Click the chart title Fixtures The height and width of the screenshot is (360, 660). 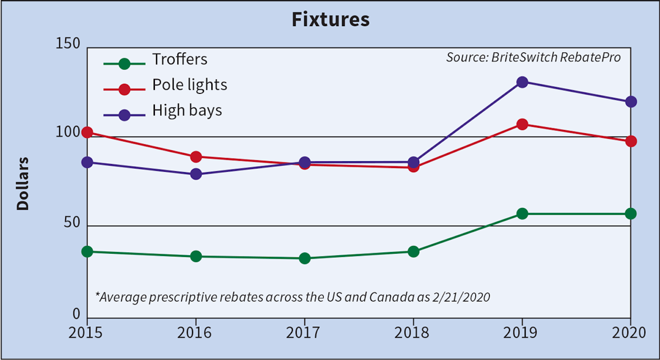click(x=330, y=20)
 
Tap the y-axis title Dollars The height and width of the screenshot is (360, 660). click(x=23, y=184)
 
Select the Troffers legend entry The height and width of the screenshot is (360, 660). click(x=180, y=60)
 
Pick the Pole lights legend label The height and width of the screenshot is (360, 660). click(x=190, y=85)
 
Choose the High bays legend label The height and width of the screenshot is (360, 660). click(x=187, y=110)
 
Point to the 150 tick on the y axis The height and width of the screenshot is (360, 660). click(x=68, y=44)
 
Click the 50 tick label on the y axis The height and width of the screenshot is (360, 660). click(x=72, y=224)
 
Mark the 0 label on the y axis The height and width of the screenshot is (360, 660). click(x=76, y=314)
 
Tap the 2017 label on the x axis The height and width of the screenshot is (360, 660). click(x=304, y=333)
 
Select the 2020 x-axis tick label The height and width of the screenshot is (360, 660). click(x=630, y=333)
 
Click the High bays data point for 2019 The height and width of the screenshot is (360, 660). click(x=522, y=82)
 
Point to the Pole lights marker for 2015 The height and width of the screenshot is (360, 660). click(x=87, y=132)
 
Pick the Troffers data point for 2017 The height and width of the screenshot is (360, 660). click(x=304, y=258)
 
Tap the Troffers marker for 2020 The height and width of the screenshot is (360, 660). click(x=631, y=213)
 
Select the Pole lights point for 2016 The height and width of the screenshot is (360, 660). click(x=196, y=157)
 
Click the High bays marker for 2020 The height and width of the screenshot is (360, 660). click(x=631, y=102)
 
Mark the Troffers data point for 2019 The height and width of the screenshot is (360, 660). click(x=522, y=213)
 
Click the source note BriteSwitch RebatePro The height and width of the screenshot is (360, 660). click(x=533, y=58)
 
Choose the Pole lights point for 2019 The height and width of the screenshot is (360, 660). click(x=522, y=124)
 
